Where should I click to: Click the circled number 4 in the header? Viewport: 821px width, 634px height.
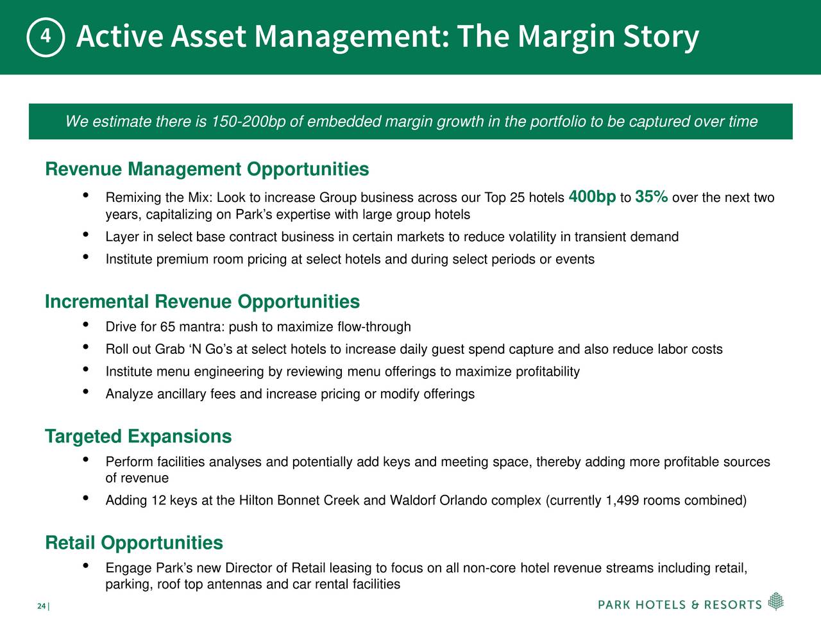tap(46, 37)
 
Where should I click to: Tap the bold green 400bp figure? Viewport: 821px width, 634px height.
tap(592, 197)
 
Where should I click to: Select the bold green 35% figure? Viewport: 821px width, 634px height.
tap(652, 197)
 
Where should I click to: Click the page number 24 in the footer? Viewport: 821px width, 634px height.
tap(41, 606)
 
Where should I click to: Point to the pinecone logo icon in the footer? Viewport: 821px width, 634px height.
tap(776, 601)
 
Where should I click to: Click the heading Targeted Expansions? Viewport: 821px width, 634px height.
tap(139, 437)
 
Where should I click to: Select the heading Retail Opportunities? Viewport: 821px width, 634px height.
tap(134, 543)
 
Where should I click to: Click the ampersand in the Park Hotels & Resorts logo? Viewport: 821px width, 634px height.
tap(695, 605)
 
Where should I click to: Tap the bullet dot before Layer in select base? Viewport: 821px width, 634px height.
tap(85, 235)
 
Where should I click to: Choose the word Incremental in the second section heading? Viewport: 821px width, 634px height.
tap(97, 302)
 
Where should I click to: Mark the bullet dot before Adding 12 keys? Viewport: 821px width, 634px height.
tap(85, 498)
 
